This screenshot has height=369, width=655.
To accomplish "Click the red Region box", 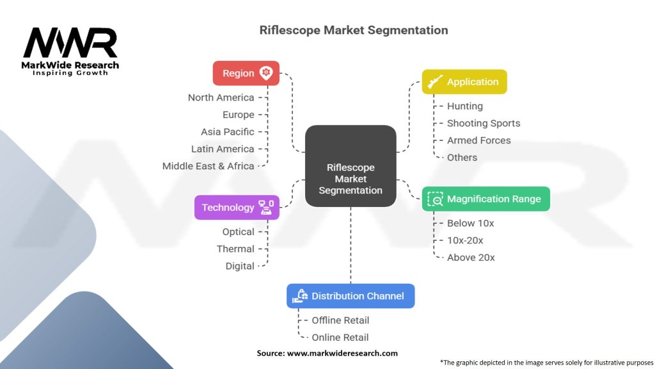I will coord(246,73).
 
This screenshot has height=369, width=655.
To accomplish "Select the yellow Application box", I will coord(464,82).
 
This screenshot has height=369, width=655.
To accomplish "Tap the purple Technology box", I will coord(237,207).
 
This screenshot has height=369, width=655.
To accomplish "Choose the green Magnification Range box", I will coord(485,199).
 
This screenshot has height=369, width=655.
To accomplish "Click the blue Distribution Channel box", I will coord(350,296).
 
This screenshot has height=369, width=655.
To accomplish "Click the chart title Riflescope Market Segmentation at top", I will coord(353,30).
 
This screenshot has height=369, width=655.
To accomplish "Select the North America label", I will coord(221,97).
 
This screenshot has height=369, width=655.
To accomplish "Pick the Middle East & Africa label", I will coord(208,166).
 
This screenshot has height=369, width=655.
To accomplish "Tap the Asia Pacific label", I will coord(227,131).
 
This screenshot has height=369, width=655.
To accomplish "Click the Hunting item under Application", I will coord(464,106).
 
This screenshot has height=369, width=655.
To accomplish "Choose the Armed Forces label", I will coord(478,140).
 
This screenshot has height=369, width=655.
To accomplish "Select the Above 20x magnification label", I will coord(471,258).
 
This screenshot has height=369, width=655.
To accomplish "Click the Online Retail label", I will coord(340,337).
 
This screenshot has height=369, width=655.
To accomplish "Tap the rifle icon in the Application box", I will coord(434,82).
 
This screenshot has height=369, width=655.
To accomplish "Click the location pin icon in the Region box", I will coord(266,73).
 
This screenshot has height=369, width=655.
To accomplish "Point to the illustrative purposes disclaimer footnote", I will coord(546,362).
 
